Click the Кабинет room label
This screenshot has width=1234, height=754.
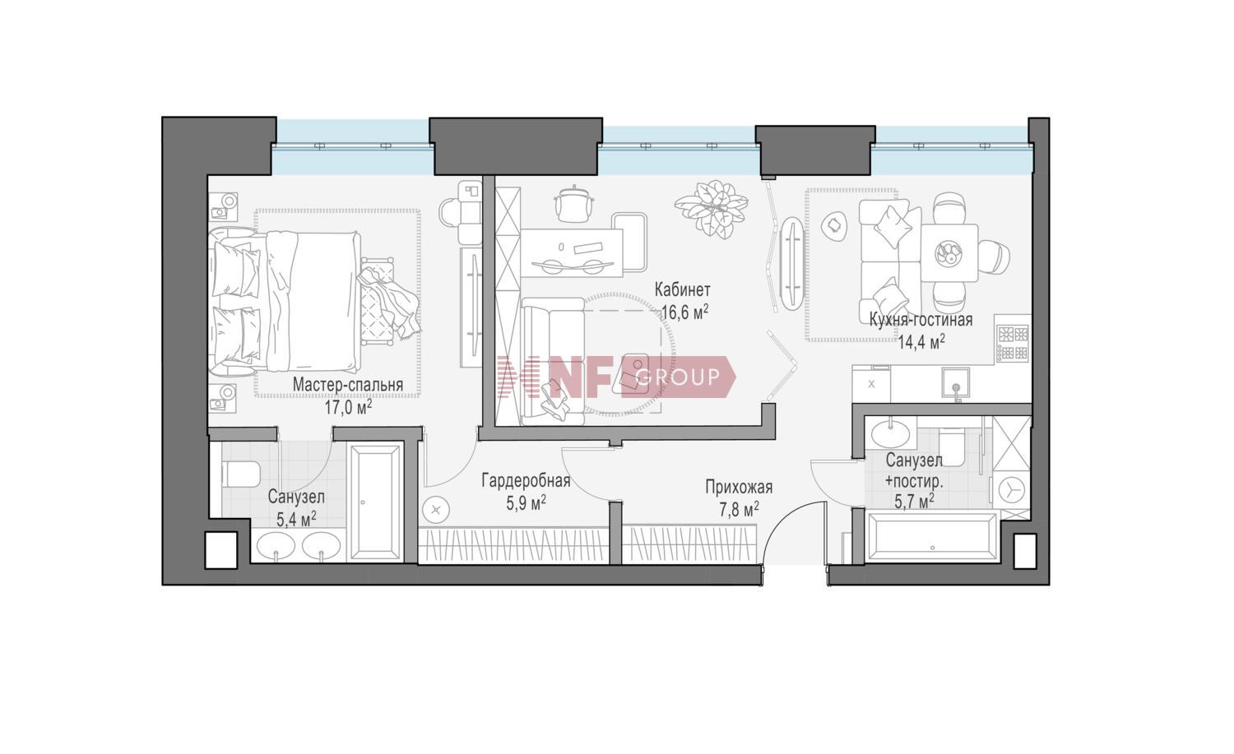coord(683,289)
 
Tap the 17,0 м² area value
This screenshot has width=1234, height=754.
coord(348,408)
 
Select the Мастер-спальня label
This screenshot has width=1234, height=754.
coord(348,385)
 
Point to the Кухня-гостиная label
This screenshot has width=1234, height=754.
coord(921,320)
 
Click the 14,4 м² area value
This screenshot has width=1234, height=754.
coord(921,343)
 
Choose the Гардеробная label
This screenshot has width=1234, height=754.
coord(526,480)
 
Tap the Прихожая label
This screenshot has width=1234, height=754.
coord(739,487)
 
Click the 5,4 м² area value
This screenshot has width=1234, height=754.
coord(296,519)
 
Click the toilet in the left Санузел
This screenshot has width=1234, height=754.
coord(241,474)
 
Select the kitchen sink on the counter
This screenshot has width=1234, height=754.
coord(955,383)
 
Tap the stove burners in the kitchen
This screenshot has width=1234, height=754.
coord(1013,343)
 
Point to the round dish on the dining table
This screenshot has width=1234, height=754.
coord(949,253)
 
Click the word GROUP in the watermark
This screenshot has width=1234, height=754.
coord(678,377)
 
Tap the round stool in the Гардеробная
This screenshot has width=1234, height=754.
coord(436,510)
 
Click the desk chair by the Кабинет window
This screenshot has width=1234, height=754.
coord(573,205)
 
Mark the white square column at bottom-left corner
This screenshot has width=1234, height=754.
coord(221,549)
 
